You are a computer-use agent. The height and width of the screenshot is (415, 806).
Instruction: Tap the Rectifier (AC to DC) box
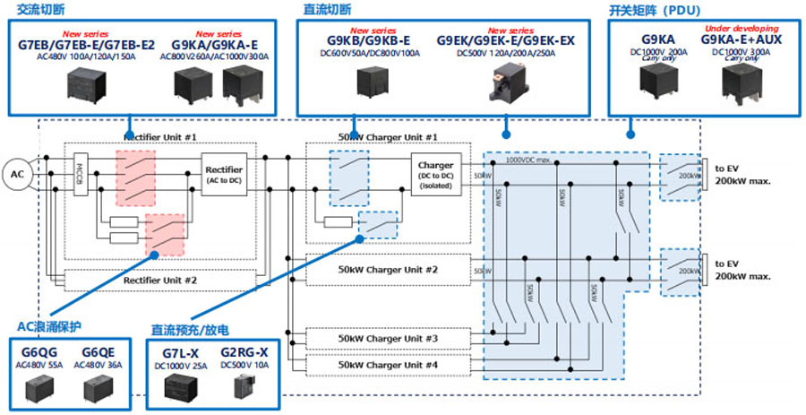point(223,173)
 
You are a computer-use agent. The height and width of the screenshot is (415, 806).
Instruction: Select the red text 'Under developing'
point(742,29)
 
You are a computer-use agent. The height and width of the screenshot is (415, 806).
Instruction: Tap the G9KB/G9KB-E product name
point(367,41)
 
